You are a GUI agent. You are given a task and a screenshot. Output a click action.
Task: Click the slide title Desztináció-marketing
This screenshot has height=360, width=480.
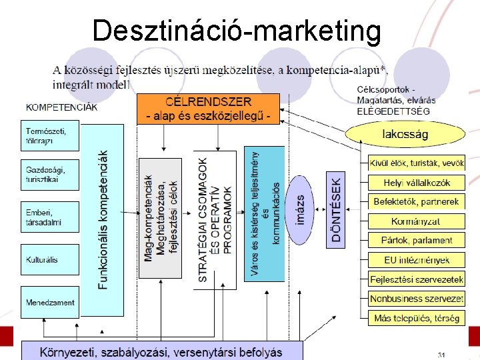[x=237, y=31]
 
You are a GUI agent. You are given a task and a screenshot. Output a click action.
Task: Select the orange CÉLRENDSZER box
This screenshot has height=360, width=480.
[x=209, y=109]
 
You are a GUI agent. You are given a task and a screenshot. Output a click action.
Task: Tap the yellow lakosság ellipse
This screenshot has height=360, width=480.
[x=405, y=135]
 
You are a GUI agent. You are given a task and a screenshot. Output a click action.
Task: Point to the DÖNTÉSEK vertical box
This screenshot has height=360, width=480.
[x=336, y=210]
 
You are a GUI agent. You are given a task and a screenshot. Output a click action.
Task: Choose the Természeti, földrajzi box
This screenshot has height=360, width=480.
[x=50, y=135]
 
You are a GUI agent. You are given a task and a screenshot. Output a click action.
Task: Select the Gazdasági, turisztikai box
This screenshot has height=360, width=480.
[x=50, y=175]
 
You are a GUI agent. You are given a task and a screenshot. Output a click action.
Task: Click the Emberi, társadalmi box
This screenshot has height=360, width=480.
[x=50, y=217]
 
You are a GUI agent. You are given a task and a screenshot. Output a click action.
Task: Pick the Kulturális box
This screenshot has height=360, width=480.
[x=50, y=259]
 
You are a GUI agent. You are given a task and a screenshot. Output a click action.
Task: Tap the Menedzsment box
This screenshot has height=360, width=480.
[x=50, y=302]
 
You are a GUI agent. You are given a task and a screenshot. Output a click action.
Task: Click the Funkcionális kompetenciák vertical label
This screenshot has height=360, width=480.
[x=103, y=220]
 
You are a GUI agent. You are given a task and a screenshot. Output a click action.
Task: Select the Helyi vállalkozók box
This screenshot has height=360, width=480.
[x=417, y=182]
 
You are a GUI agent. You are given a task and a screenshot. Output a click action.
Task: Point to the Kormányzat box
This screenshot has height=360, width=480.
[x=417, y=221]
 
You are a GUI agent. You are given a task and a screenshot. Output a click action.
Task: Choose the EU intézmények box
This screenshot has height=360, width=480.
[x=417, y=259]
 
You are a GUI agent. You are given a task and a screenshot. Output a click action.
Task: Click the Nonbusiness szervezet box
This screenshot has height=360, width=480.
[x=417, y=299]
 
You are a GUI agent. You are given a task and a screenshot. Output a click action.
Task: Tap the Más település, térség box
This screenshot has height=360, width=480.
[x=417, y=318]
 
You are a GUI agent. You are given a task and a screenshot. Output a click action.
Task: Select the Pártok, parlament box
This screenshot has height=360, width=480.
[x=417, y=240]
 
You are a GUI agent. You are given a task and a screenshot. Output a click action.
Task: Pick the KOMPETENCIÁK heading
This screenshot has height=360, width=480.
[x=61, y=106]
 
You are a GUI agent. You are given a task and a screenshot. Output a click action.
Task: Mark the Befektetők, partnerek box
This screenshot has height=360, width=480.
[x=417, y=201]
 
